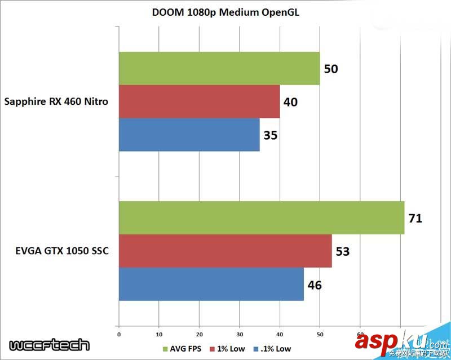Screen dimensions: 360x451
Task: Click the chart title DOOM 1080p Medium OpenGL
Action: [x=225, y=13]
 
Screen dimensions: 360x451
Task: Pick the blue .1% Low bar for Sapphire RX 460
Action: [x=189, y=135]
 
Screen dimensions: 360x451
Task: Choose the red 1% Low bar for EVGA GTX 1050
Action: [x=225, y=251]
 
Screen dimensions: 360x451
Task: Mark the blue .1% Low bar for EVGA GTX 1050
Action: [x=211, y=284]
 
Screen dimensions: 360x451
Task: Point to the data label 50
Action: [x=331, y=69]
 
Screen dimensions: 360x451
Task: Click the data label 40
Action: [x=291, y=102]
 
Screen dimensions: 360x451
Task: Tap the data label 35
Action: [x=271, y=135]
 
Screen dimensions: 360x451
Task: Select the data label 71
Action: [x=415, y=218]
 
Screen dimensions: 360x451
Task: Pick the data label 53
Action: [x=343, y=251]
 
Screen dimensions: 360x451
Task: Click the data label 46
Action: [x=315, y=285]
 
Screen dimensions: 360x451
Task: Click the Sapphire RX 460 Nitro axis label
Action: [x=56, y=102]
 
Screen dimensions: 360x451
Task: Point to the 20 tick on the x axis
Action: [x=199, y=334]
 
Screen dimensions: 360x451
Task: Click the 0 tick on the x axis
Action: [x=118, y=334]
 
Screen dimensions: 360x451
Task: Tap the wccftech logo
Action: [x=49, y=345]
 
